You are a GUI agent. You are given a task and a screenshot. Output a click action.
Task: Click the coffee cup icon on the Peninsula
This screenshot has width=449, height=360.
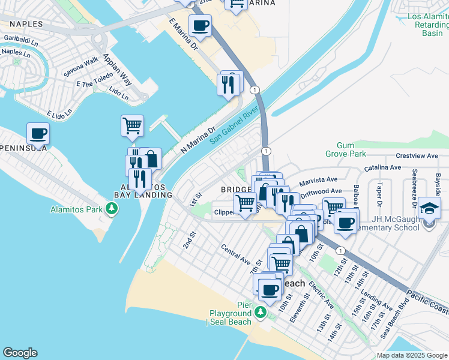point(38,134)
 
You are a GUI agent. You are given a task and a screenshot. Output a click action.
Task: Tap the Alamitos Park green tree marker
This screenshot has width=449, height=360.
point(111,209)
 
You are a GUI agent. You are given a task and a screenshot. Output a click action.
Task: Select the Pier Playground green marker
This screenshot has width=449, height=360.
point(260,312)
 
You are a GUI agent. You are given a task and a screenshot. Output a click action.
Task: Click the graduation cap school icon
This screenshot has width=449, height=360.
point(430,208)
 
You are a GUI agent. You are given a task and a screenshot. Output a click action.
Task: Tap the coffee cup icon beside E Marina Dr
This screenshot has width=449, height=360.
point(200,26)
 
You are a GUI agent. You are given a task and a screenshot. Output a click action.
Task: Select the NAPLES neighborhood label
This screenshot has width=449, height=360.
point(26,24)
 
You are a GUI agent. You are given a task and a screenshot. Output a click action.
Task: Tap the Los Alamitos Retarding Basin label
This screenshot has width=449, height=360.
point(429,25)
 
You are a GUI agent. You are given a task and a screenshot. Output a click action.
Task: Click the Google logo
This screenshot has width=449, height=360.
point(20,353)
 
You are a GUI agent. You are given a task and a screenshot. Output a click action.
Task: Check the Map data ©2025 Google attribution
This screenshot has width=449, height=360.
point(412,355)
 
